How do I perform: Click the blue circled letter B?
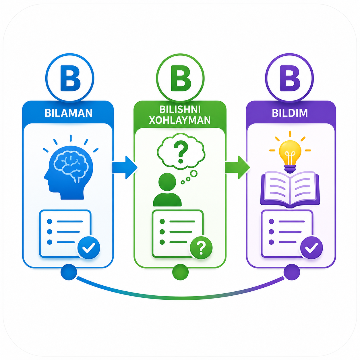[70, 78]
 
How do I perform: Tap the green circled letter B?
[180, 78]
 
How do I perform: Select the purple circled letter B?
[289, 78]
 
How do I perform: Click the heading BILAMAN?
[69, 113]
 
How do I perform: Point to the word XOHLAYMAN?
[180, 120]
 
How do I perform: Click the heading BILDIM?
[290, 113]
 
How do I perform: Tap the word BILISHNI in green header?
[180, 109]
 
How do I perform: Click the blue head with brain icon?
[69, 172]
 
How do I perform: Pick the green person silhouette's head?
[167, 182]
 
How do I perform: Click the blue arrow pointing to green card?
[125, 167]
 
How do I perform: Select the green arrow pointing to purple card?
[237, 167]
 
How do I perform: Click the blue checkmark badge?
[89, 248]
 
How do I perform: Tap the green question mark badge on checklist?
[201, 248]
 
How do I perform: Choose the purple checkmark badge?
[311, 248]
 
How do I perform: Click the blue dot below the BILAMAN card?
[69, 272]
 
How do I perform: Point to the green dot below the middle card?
[180, 272]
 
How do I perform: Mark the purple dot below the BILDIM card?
[292, 272]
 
